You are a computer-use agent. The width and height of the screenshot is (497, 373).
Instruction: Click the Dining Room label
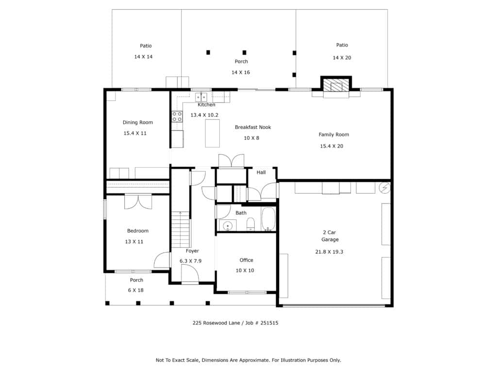click(x=137, y=122)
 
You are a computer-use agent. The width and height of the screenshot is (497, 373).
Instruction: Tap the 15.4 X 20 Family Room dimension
click(x=331, y=146)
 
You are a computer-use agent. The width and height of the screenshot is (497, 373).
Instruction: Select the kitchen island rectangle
click(x=213, y=133)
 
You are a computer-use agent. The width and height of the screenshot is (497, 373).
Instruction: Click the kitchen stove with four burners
click(x=177, y=117)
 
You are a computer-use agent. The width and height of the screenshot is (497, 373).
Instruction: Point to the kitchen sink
click(x=201, y=97)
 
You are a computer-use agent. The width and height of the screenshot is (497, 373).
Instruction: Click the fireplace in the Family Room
click(x=336, y=85)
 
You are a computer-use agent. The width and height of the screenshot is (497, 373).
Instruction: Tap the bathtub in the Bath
click(x=268, y=219)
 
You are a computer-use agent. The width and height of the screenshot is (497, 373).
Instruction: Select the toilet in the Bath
click(x=251, y=223)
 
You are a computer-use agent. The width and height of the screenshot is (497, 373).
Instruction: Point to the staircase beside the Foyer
click(x=181, y=229)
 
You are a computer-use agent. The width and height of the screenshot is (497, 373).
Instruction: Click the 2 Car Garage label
click(x=330, y=236)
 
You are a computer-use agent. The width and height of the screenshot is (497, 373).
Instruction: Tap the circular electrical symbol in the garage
click(x=384, y=188)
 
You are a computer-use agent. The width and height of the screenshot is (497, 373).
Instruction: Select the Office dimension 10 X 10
click(x=245, y=271)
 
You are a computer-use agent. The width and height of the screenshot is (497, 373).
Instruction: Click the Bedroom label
click(x=137, y=231)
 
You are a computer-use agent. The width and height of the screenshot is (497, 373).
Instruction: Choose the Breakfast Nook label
click(x=253, y=127)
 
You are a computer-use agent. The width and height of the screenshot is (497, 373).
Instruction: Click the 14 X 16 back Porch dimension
click(x=241, y=72)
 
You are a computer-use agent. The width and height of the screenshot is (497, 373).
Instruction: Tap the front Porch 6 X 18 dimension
click(x=136, y=290)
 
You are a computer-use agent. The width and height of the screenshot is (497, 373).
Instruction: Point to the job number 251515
click(x=269, y=323)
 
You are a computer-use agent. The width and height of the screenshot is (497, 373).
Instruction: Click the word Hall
click(x=261, y=172)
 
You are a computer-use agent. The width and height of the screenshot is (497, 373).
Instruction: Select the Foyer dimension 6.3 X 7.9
click(x=190, y=261)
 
